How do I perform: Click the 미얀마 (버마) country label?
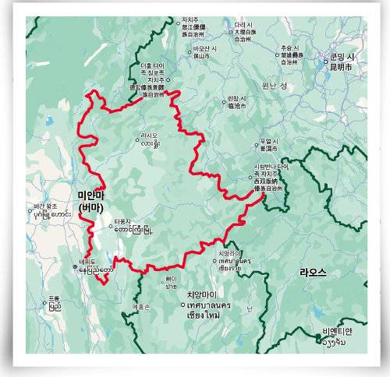(x=91, y=200)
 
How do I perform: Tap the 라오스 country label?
(x=312, y=272)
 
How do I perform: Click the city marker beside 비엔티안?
(x=321, y=337)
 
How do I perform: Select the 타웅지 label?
(x=126, y=221)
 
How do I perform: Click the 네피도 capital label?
(x=81, y=262)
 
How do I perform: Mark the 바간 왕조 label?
(x=45, y=206)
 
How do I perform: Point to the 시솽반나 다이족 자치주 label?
(x=271, y=167)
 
